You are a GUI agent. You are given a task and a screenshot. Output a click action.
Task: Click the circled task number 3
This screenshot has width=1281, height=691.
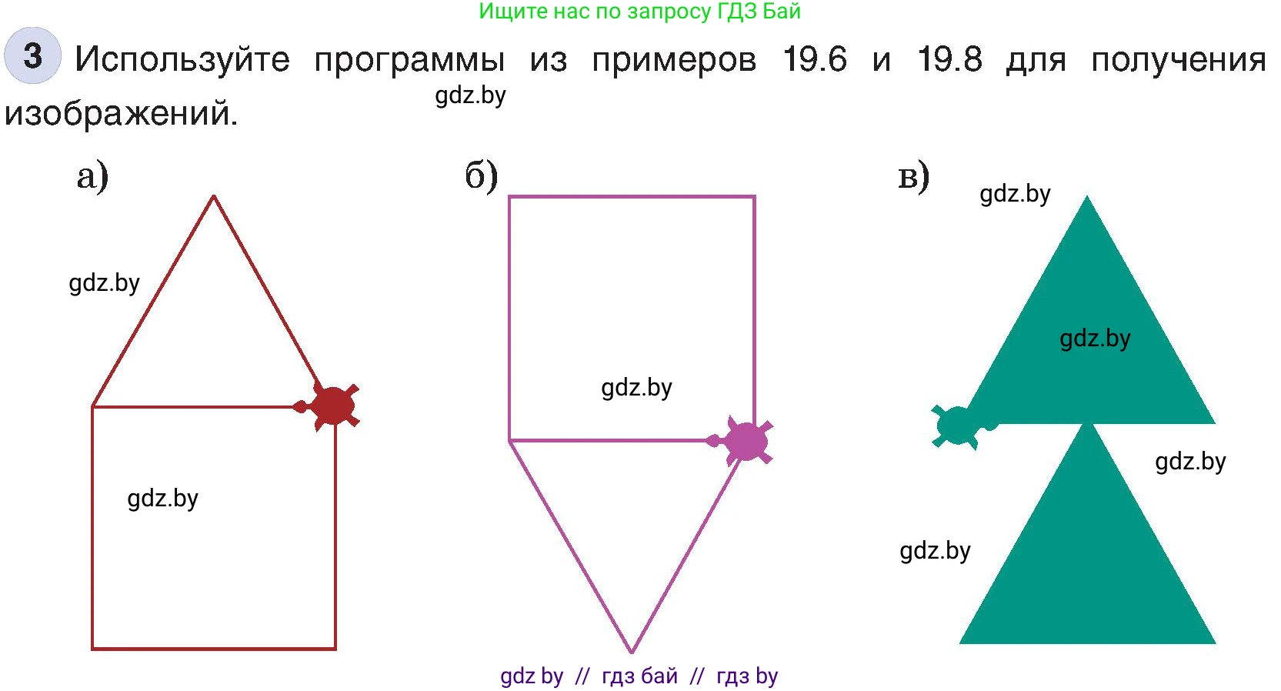click(32, 55)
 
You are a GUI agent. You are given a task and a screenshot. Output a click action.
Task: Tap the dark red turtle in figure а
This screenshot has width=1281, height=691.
click(333, 406)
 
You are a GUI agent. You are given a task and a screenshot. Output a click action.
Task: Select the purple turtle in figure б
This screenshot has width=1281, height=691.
click(746, 441)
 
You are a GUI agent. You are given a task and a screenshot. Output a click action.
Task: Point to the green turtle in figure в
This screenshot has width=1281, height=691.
click(957, 425)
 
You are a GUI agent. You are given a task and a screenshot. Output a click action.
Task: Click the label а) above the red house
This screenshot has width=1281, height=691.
click(92, 176)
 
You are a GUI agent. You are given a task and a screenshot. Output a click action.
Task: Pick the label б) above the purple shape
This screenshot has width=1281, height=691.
click(482, 176)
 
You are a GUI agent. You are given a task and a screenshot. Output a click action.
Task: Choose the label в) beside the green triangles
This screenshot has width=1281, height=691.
click(914, 176)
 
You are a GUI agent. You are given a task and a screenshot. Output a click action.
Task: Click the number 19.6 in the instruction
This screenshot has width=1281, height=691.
click(815, 59)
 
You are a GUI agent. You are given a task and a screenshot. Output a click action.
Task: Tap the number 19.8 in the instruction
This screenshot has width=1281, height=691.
click(949, 59)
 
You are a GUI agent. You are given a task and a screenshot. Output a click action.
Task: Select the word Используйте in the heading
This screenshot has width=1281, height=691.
click(182, 59)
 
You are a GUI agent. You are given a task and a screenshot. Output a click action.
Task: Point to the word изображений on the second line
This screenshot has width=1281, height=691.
click(121, 113)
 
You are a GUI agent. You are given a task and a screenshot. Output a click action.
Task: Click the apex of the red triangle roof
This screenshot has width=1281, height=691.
click(214, 197)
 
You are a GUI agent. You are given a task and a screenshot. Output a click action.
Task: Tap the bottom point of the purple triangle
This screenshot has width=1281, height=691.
click(632, 651)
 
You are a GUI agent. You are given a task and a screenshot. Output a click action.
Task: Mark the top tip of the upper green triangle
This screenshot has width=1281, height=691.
click(1086, 197)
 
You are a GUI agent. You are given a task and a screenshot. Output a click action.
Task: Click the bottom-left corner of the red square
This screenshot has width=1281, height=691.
click(93, 648)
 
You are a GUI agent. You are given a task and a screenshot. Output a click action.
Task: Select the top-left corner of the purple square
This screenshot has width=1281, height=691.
click(510, 198)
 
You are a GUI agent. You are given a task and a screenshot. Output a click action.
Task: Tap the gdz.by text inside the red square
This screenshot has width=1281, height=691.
click(163, 499)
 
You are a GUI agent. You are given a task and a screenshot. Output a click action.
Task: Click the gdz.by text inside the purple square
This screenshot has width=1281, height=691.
click(636, 388)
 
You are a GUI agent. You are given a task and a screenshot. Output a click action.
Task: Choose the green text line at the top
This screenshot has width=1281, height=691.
click(639, 12)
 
